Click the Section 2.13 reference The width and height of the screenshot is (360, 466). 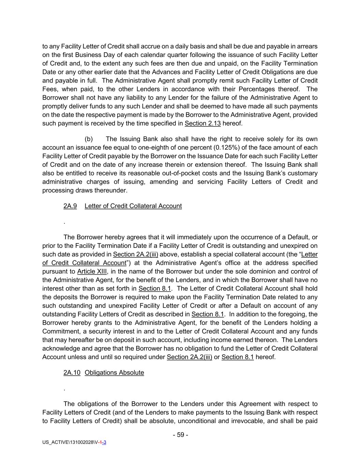[x=202, y=123]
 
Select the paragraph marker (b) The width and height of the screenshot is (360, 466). [x=89, y=139]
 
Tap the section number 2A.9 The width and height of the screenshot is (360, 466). [x=70, y=206]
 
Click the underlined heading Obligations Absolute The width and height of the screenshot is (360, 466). [x=114, y=372]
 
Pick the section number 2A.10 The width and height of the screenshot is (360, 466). [x=72, y=372]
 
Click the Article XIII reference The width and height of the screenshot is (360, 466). [x=92, y=271]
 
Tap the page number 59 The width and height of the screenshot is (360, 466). [x=181, y=435]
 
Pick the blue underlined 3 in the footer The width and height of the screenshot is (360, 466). [x=104, y=442]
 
